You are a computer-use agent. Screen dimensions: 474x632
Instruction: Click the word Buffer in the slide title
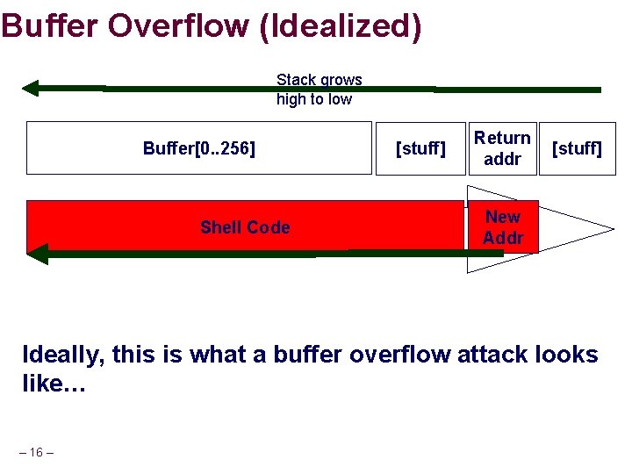(x=51, y=25)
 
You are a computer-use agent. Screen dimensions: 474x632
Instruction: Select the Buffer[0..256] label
(x=199, y=148)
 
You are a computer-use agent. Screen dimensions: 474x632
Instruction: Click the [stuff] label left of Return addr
(x=420, y=148)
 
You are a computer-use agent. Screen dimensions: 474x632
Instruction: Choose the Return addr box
(x=502, y=148)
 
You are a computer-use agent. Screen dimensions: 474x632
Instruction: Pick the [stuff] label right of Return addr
(x=576, y=148)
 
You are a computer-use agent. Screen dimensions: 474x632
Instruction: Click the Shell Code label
(x=244, y=227)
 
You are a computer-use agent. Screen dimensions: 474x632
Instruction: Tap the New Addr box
(x=502, y=227)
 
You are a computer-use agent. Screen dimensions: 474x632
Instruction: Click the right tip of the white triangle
(x=612, y=230)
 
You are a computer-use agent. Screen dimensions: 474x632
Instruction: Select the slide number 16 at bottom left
(x=36, y=452)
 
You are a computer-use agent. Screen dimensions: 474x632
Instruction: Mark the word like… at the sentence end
(x=54, y=385)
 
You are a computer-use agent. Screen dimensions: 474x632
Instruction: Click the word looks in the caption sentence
(x=562, y=355)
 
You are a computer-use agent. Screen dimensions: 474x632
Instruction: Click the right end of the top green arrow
(x=599, y=90)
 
